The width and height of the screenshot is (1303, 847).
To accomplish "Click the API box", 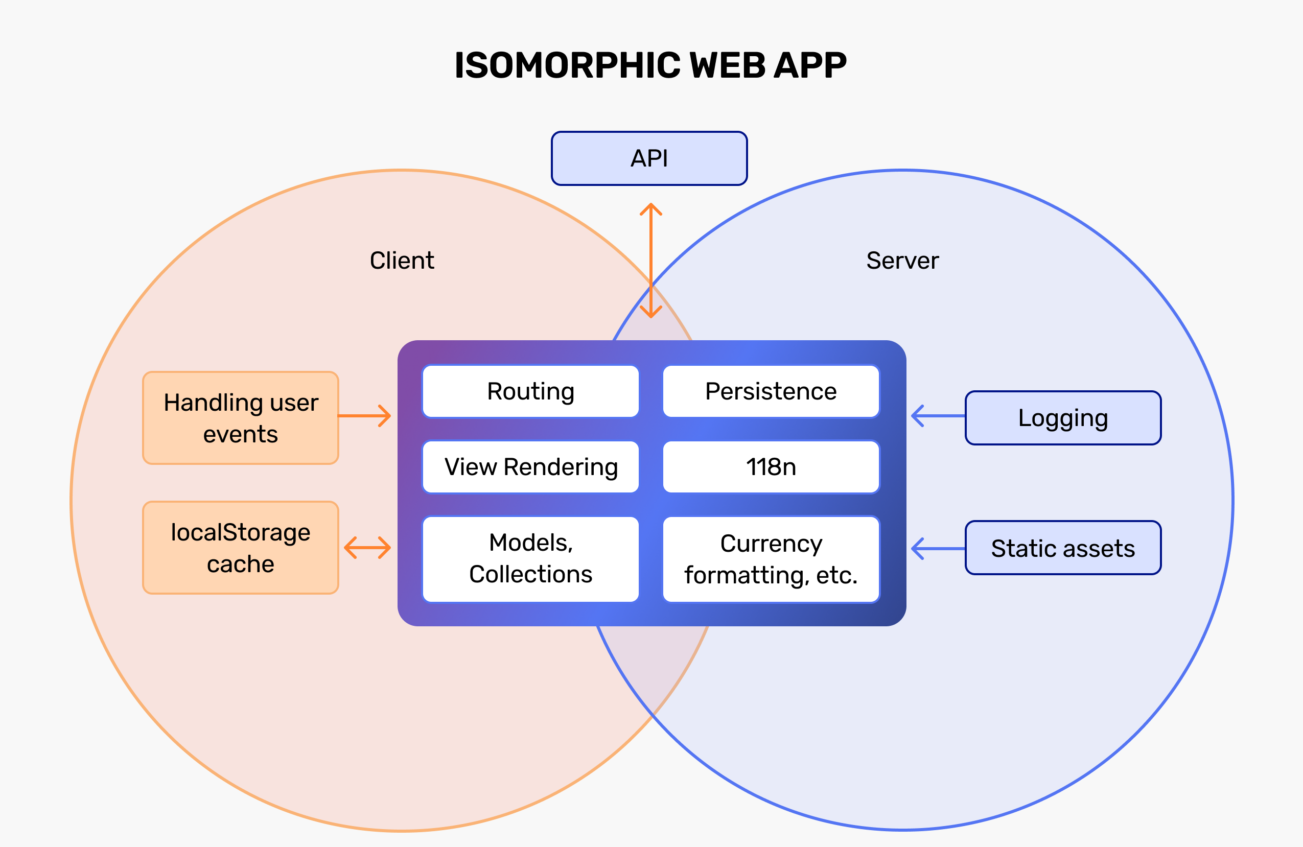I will [x=649, y=158].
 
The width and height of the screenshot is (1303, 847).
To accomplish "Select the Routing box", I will [x=530, y=391].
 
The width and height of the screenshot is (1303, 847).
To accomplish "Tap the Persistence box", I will [x=771, y=391].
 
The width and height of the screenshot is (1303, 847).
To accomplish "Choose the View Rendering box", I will [x=530, y=466].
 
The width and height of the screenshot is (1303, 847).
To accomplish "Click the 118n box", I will [x=771, y=466].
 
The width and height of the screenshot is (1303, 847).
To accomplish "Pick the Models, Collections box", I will [x=530, y=558].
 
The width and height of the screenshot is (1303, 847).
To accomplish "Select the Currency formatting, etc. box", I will [x=771, y=558].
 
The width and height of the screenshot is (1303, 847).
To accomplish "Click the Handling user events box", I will [x=240, y=418].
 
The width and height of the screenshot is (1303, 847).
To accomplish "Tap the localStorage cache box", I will [x=240, y=548].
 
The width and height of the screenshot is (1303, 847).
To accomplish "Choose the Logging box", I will [x=1063, y=418].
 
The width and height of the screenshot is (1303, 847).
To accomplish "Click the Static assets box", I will [x=1063, y=548].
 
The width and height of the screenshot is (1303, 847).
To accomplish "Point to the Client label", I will [x=402, y=260].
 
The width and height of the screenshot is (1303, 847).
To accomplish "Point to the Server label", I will [x=902, y=260].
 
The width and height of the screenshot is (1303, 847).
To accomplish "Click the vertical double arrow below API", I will [x=651, y=261].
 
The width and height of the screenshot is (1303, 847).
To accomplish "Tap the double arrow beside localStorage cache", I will [x=367, y=548].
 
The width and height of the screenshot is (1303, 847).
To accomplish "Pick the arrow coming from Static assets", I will [x=938, y=548].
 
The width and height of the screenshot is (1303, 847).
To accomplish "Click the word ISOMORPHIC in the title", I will [x=568, y=66].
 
